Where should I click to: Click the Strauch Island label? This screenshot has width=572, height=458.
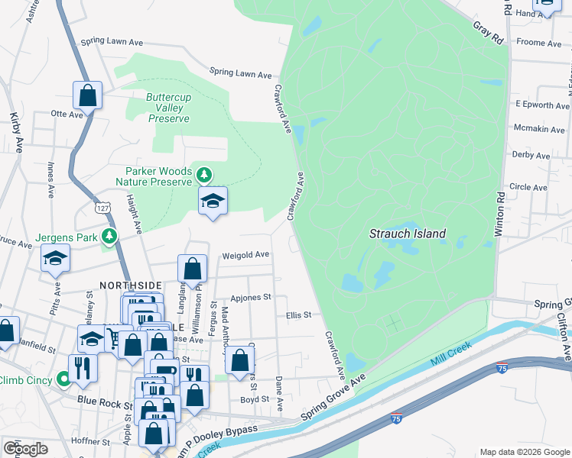[408, 234]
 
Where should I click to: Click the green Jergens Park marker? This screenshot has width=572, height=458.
[111, 237]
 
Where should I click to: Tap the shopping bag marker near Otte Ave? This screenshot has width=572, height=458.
[88, 96]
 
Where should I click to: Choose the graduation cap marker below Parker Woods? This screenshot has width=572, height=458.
[213, 202]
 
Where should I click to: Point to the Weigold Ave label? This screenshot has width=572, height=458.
[245, 255]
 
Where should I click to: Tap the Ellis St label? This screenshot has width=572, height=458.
[298, 314]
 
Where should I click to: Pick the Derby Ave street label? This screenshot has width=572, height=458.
[531, 156]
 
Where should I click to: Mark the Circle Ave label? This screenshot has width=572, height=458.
[529, 186]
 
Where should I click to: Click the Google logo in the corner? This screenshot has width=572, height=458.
[25, 448]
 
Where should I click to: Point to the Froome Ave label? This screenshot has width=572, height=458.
[540, 43]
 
